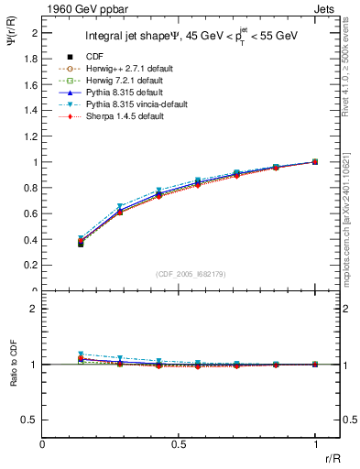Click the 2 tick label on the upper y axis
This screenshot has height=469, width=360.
(x=35, y=33)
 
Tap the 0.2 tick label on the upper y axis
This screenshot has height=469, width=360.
(x=31, y=266)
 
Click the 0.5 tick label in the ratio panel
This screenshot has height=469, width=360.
(x=31, y=420)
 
